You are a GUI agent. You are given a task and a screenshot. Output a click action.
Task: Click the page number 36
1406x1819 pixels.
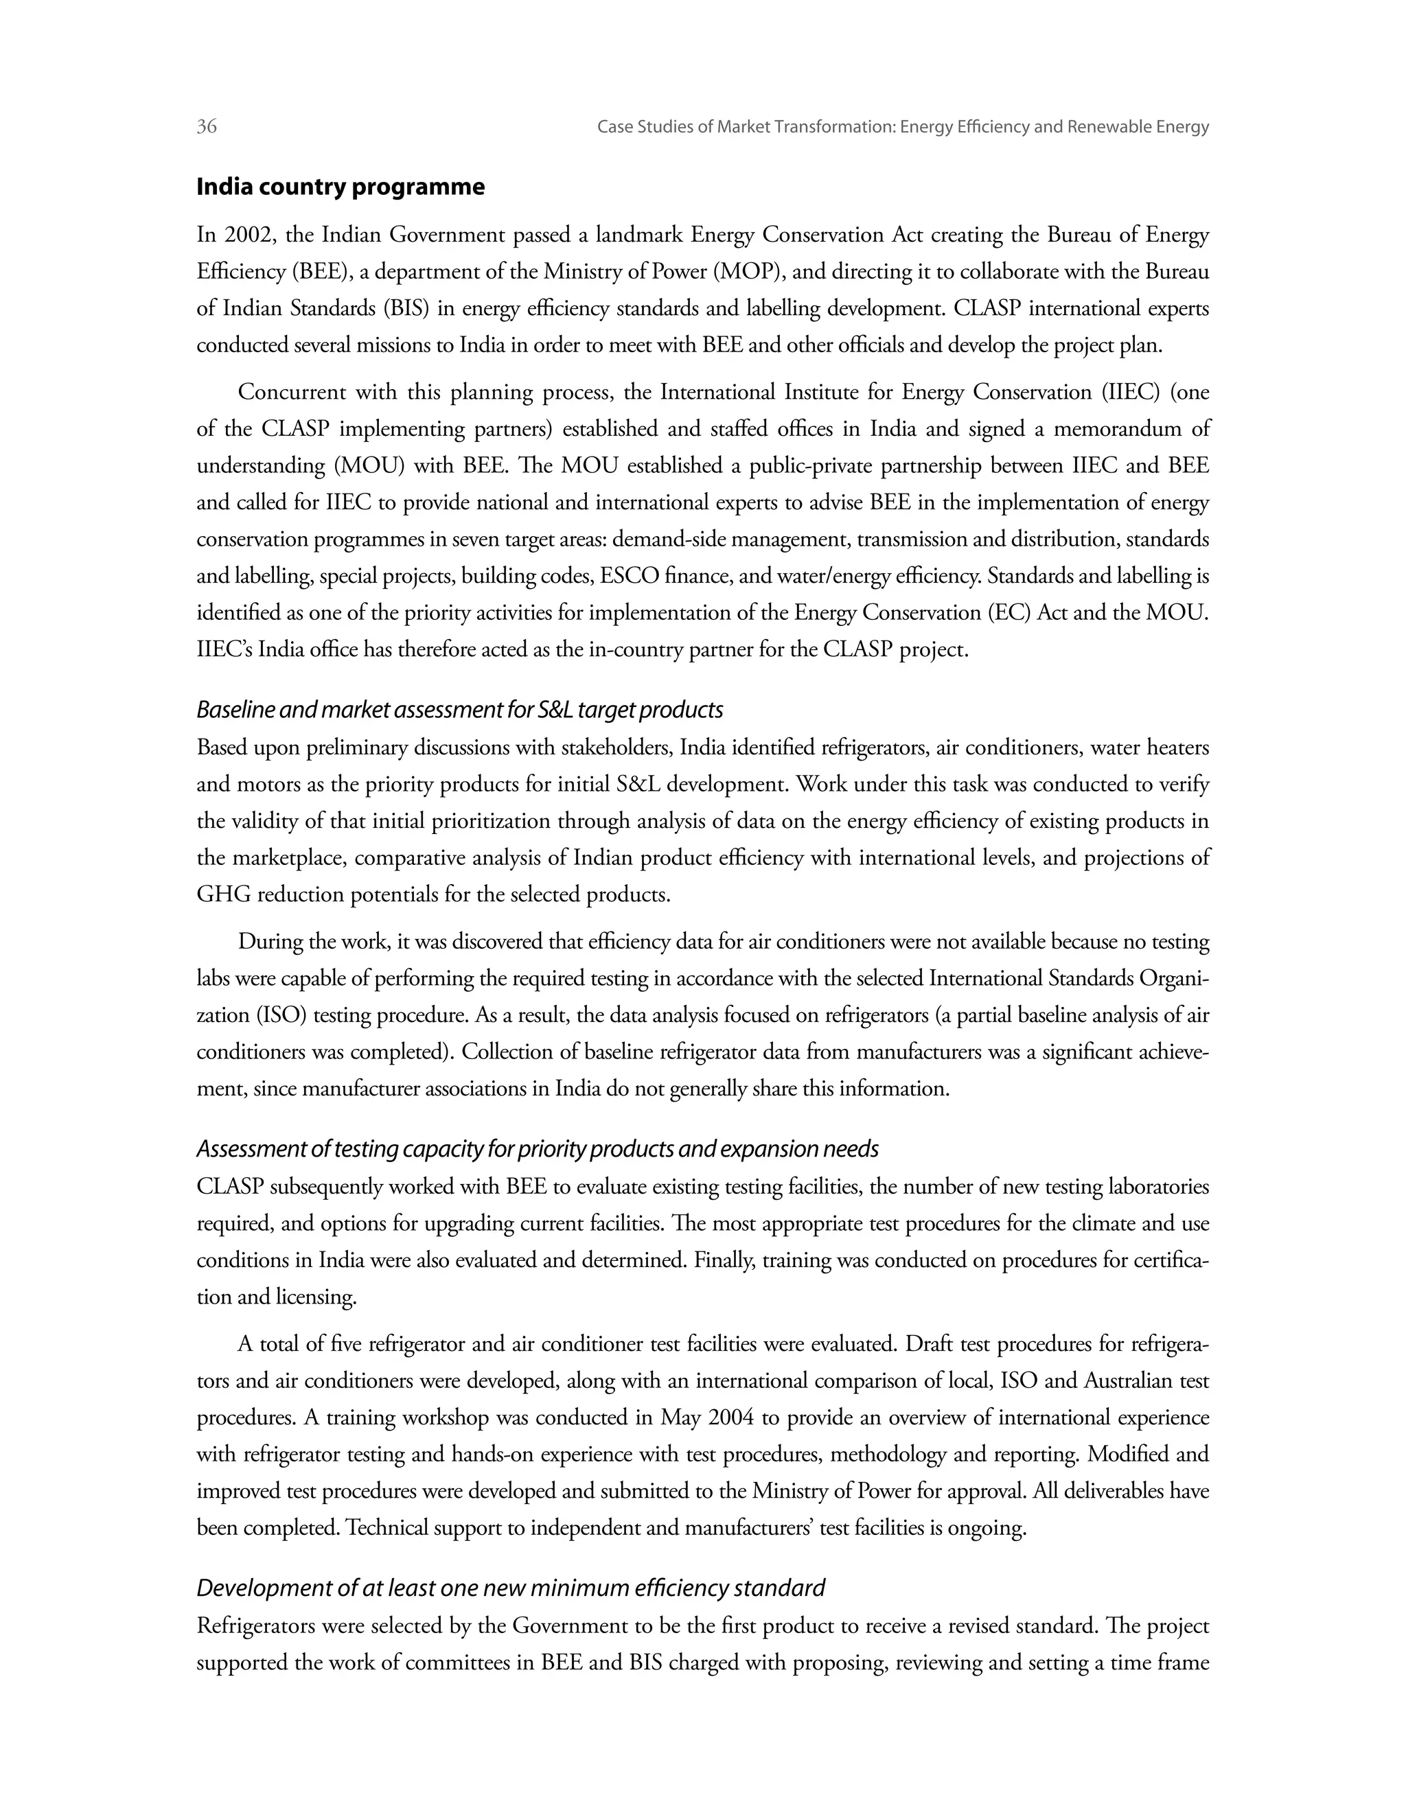(x=207, y=126)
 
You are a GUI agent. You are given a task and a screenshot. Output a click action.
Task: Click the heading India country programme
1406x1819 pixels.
(x=340, y=187)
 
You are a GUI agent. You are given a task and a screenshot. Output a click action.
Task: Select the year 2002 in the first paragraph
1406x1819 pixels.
(x=247, y=235)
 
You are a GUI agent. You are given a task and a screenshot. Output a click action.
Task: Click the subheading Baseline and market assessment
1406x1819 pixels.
(x=460, y=710)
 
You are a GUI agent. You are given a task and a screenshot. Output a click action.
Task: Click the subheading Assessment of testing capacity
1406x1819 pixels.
(x=538, y=1149)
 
